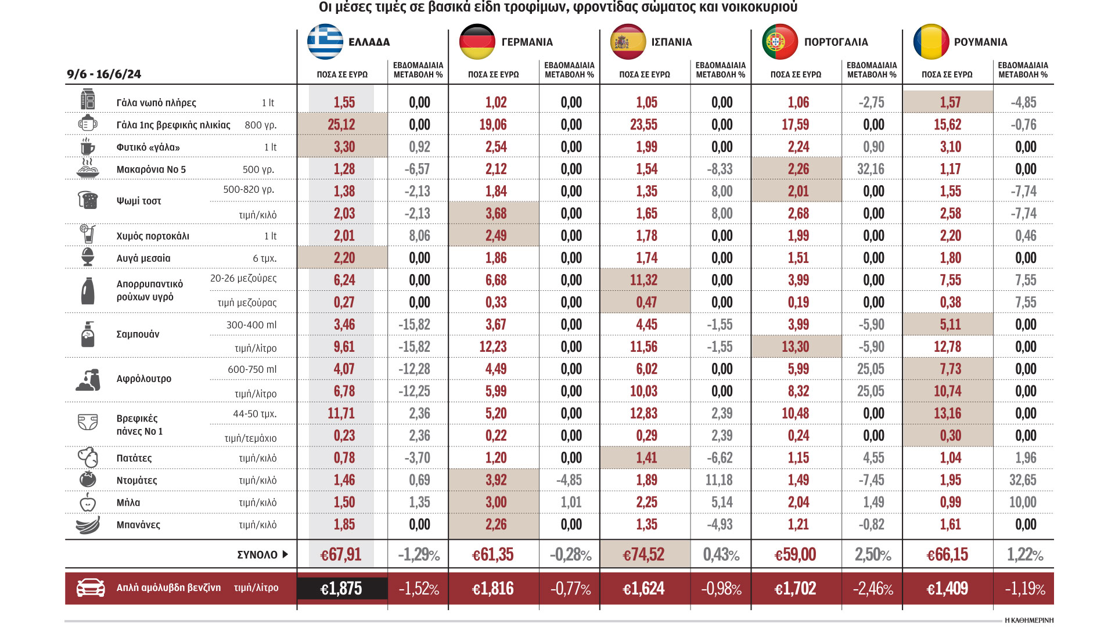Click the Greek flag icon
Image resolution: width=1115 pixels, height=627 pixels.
[x=325, y=42]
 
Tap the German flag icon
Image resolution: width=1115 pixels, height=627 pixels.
[x=477, y=42]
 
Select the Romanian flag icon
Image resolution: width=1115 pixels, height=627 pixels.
[x=931, y=42]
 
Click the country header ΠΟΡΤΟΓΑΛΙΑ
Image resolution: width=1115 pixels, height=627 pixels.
[x=836, y=42]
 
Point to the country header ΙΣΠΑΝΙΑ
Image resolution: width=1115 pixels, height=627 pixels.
[x=671, y=42]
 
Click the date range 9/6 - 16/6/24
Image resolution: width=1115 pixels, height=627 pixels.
[x=104, y=74]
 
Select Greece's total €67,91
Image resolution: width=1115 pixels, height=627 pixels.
[x=341, y=555]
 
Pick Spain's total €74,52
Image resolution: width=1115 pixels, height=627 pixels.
[x=643, y=555]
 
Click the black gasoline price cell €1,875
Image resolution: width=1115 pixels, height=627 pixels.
[x=341, y=589]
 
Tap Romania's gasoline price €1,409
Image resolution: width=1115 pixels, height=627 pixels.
[x=947, y=589]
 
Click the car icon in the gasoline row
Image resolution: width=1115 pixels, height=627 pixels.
[x=91, y=588]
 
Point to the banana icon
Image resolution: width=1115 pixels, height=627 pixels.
[x=88, y=525]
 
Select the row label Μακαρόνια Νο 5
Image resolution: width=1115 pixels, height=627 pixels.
[x=151, y=170]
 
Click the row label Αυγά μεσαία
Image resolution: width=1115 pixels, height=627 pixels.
[x=143, y=258]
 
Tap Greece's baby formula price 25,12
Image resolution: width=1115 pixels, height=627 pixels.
[x=341, y=125]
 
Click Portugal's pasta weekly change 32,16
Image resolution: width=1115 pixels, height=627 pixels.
[x=871, y=170]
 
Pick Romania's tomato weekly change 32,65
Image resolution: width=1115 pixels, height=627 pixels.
[x=1023, y=480]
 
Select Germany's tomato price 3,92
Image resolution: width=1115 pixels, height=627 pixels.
[x=496, y=480]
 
